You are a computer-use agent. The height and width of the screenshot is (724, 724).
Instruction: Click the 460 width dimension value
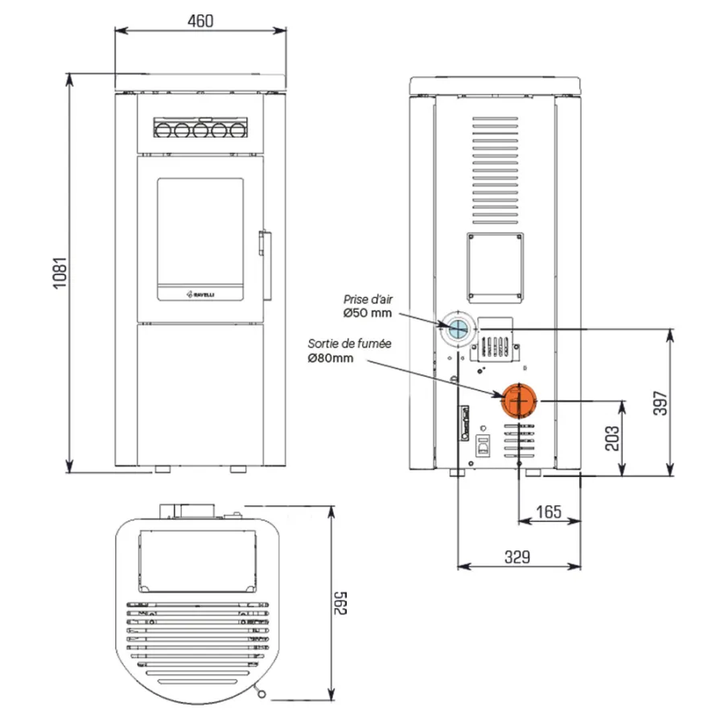pos(200,21)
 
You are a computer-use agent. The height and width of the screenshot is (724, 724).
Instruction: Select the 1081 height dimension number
pos(60,274)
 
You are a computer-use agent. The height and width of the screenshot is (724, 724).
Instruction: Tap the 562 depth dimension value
pos(340,603)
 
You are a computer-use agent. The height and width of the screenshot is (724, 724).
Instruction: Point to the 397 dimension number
pos(660,403)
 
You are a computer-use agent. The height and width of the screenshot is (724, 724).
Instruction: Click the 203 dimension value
pos(612,438)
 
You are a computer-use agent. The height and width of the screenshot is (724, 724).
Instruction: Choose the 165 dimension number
pos(549,512)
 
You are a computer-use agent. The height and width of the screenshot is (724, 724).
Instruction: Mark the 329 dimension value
pos(517,557)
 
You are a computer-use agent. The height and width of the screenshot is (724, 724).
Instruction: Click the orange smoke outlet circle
pos(520,401)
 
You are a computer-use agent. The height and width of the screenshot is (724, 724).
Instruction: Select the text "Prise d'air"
pos(368,299)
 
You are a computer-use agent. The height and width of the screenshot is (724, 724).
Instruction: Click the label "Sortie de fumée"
pos(350,343)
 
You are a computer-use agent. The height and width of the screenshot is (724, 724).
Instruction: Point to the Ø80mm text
pos(331,358)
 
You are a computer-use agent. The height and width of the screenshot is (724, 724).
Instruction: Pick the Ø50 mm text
pos(368,313)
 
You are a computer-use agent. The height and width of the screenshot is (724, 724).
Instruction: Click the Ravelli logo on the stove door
pos(200,294)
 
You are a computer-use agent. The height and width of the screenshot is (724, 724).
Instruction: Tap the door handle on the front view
pos(265,265)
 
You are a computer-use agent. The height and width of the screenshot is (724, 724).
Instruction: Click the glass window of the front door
pos(200,232)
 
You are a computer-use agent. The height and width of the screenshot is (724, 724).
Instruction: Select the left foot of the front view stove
pos(162,469)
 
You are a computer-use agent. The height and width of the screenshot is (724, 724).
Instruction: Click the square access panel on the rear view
pos(495,268)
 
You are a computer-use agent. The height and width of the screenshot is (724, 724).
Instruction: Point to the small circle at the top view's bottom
pos(261,694)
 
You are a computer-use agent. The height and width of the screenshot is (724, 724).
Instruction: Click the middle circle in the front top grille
pos(200,130)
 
